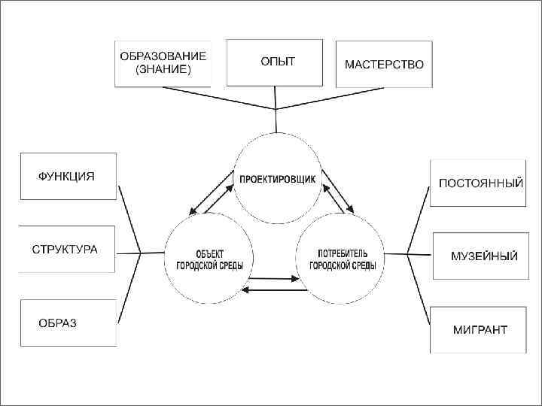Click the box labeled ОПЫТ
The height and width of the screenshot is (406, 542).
276,62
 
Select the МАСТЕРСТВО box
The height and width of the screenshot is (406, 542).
383,64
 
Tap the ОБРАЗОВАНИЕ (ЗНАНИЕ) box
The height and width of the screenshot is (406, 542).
163,63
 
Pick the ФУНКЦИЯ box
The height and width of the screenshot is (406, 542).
68,176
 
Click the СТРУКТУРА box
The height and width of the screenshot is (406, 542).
65,249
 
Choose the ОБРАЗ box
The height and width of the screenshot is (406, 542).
68,323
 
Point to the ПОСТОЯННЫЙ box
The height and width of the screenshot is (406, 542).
477,183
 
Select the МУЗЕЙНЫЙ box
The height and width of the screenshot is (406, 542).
478,256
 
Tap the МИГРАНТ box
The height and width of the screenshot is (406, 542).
478,329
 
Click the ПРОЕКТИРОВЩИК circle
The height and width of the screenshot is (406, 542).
278,178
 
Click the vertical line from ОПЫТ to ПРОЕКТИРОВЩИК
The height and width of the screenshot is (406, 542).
276,120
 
